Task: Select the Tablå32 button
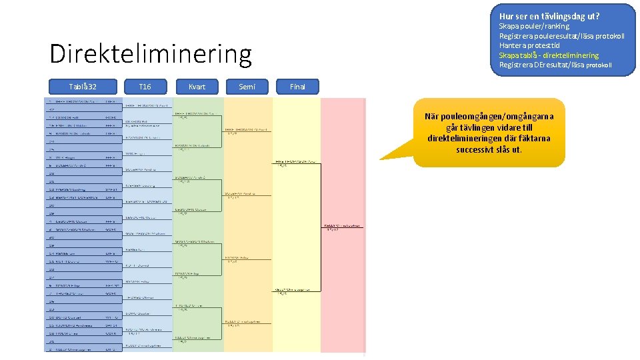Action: [x=83, y=87]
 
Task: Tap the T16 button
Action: [x=145, y=87]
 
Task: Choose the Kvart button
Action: [x=197, y=87]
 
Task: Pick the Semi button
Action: [x=247, y=87]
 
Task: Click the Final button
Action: [x=297, y=87]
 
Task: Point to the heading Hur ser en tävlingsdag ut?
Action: [x=549, y=16]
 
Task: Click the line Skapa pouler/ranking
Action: [x=534, y=26]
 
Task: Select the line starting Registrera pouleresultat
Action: [x=561, y=36]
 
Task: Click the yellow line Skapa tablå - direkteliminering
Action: [x=549, y=55]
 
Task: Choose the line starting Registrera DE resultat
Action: [x=555, y=65]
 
